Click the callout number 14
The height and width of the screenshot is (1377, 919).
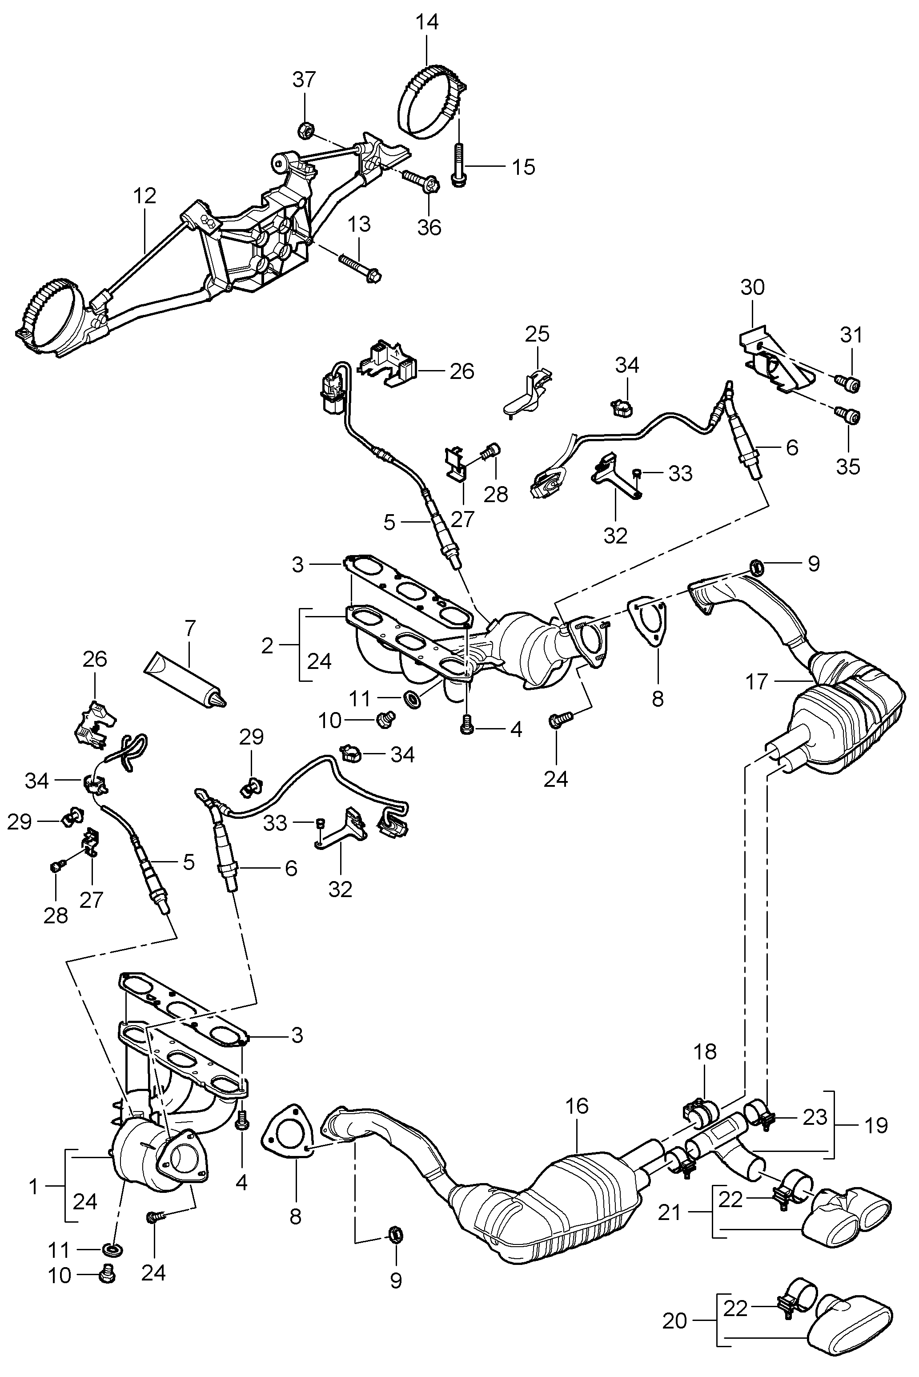pyautogui.click(x=427, y=22)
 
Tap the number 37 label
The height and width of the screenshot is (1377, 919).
pyautogui.click(x=304, y=79)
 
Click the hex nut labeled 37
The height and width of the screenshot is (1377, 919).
pyautogui.click(x=304, y=129)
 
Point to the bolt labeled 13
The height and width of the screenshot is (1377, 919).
pyautogui.click(x=359, y=267)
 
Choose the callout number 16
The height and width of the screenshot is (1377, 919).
pyautogui.click(x=577, y=1106)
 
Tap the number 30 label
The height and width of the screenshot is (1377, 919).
pyautogui.click(x=753, y=287)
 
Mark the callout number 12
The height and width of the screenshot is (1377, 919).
pyautogui.click(x=144, y=196)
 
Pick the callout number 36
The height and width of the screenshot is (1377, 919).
pyautogui.click(x=429, y=227)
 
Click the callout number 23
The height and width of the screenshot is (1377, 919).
pyautogui.click(x=815, y=1118)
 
